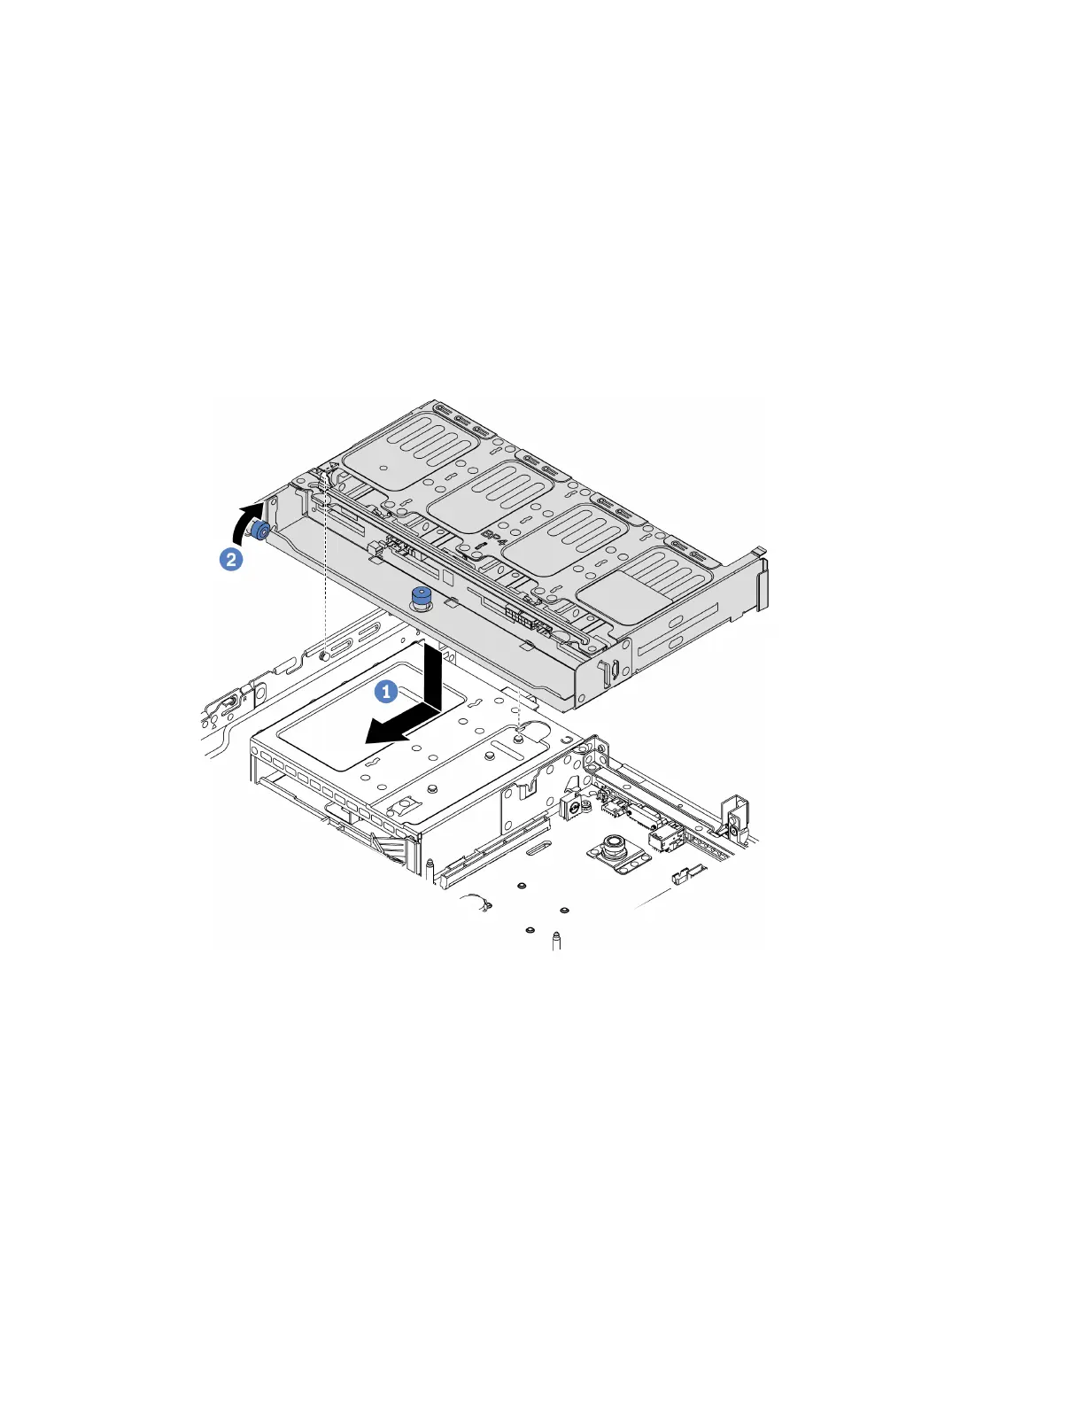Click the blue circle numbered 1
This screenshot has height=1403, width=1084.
click(385, 692)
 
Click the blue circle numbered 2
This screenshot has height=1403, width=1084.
click(229, 560)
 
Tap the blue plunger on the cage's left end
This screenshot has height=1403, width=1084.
click(261, 530)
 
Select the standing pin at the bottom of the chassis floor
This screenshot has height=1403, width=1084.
click(555, 939)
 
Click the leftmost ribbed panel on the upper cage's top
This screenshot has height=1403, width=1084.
click(401, 453)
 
